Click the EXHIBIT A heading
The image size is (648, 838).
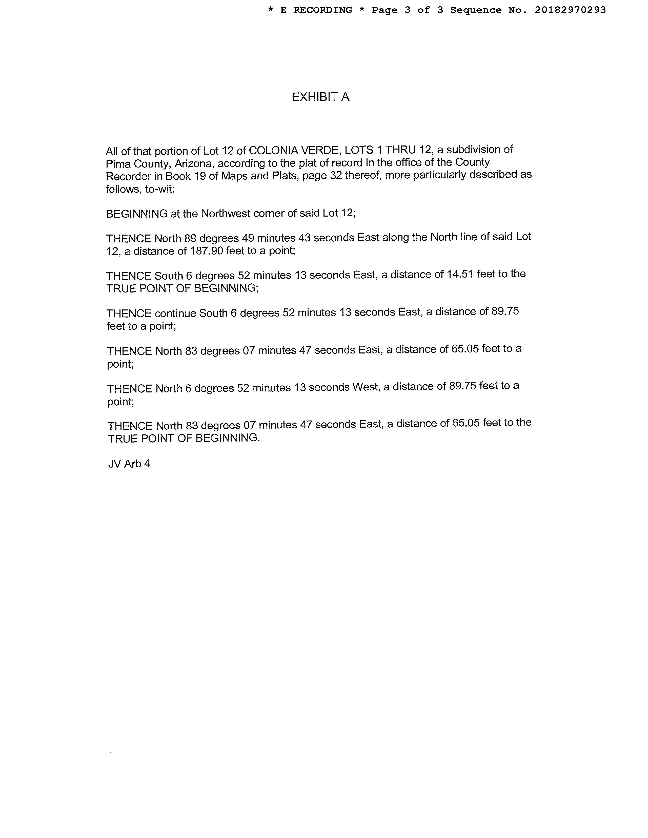coord(320,97)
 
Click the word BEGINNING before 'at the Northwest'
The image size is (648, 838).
coord(137,214)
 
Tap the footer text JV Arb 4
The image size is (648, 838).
coord(129,464)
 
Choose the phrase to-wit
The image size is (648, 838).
coord(160,189)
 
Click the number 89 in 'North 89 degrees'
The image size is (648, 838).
coord(190,238)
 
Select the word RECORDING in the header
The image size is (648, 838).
coord(322,10)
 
